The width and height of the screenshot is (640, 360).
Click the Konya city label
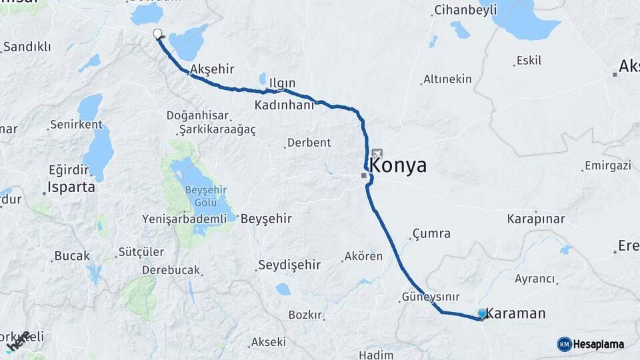[398, 166]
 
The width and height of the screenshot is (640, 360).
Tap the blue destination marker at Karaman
[482, 313]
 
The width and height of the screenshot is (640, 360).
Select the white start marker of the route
[157, 33]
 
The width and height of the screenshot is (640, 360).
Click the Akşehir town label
[213, 69]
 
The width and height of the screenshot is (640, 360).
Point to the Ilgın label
[282, 83]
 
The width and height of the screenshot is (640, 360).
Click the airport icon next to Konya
[377, 153]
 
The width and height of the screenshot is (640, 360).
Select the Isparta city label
[72, 187]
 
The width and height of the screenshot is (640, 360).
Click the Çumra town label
[431, 233]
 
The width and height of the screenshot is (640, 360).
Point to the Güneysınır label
[431, 296]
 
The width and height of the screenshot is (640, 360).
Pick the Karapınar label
[536, 219]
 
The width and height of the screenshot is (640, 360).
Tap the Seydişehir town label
[289, 265]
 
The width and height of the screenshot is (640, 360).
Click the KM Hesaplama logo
[591, 344]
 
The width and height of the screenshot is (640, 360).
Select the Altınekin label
[447, 79]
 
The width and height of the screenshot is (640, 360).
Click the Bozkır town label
[305, 315]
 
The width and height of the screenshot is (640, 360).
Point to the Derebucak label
[171, 270]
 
